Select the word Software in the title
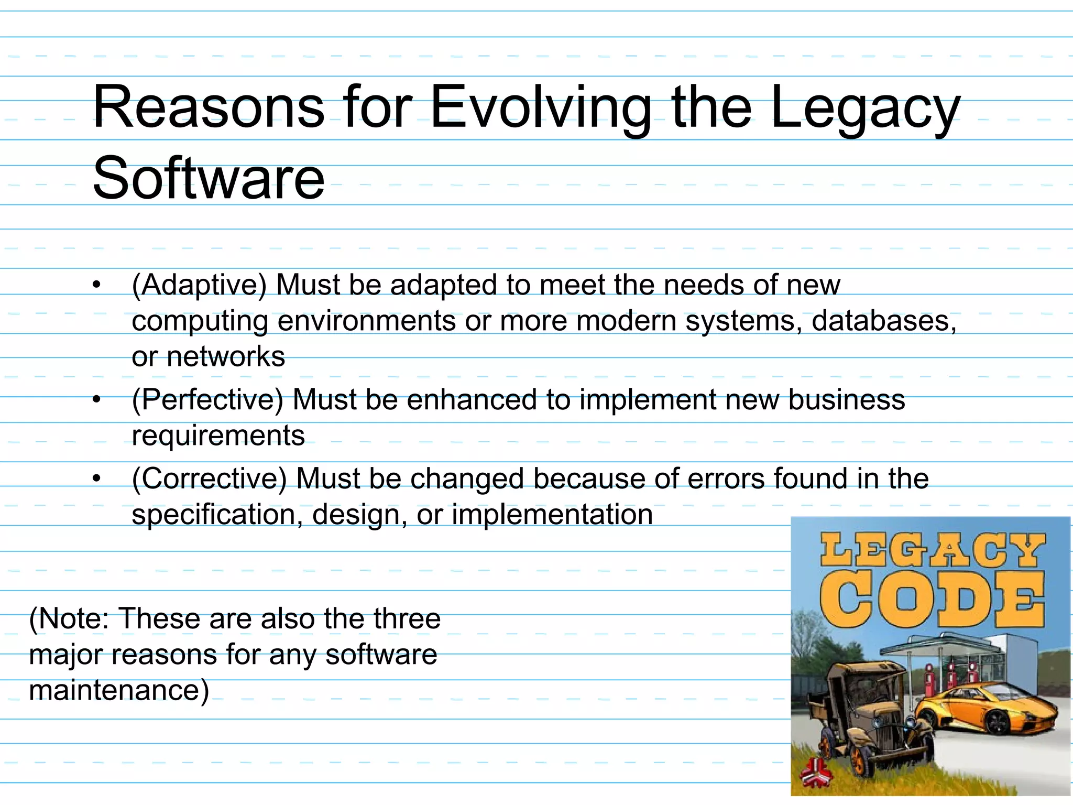coord(209,179)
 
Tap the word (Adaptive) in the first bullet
coord(199,286)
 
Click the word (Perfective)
coord(207,400)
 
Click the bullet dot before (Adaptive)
coord(96,286)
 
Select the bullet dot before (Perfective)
coord(96,400)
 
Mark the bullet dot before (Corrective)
coord(96,479)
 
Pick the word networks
coord(225,357)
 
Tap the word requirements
coord(218,436)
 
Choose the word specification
coord(217,515)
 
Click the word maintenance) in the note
coord(119,690)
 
